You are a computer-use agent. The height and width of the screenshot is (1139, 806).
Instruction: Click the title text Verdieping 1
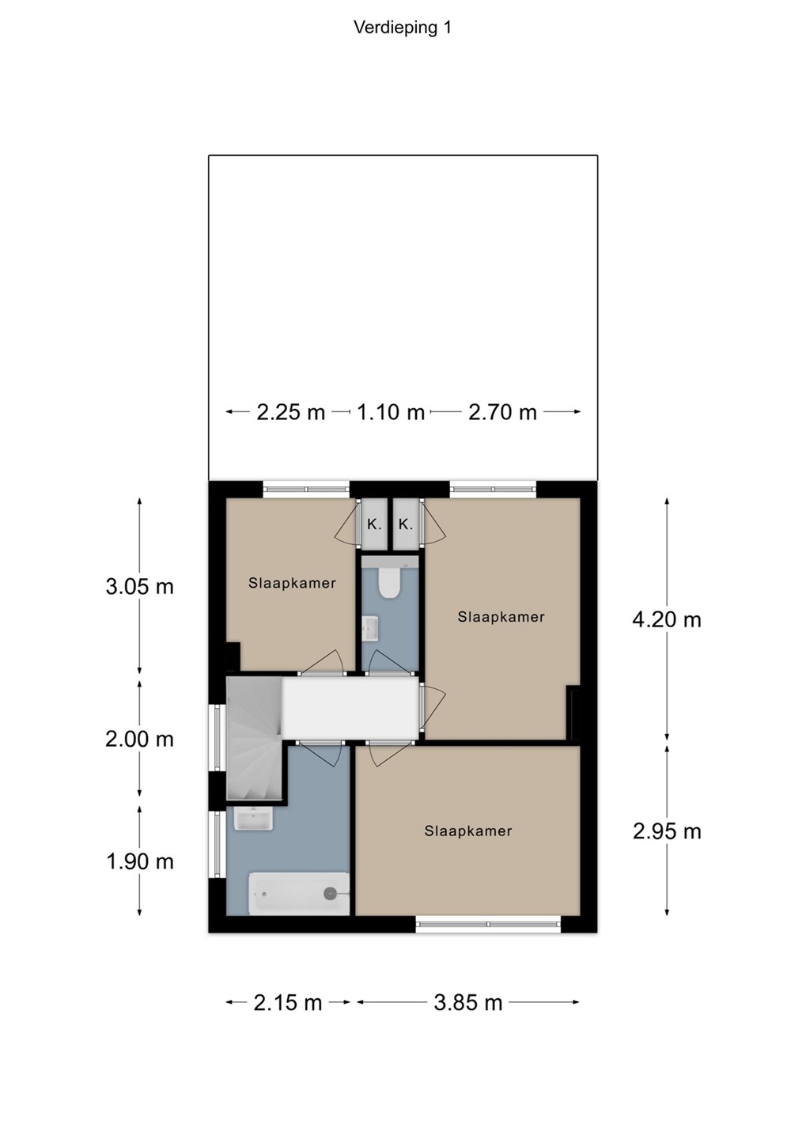tap(403, 28)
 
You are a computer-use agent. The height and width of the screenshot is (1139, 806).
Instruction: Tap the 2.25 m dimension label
tap(290, 412)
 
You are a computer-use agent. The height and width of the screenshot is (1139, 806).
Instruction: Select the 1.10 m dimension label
tap(391, 412)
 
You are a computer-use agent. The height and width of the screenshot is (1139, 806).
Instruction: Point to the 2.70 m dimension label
tap(502, 412)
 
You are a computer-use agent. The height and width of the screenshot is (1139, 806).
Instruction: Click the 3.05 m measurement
tap(139, 587)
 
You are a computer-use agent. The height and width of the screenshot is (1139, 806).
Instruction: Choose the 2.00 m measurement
tap(139, 740)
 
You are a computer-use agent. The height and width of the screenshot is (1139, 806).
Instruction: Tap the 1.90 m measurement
tap(139, 862)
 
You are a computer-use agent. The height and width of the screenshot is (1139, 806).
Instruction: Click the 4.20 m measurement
tap(667, 620)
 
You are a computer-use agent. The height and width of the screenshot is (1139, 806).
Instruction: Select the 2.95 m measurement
tap(667, 832)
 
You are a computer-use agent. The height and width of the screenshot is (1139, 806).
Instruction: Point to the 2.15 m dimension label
tap(288, 1003)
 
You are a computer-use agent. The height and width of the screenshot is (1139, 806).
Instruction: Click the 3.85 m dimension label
tap(467, 1003)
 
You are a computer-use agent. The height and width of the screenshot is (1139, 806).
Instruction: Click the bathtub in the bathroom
tap(298, 894)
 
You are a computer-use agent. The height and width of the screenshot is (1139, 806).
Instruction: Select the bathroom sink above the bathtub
tap(253, 819)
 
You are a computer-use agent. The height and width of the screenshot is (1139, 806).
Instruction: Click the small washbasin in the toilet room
tap(370, 629)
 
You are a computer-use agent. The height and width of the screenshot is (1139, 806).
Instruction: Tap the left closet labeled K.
tap(374, 524)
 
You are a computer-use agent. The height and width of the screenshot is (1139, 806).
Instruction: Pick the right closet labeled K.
tap(405, 524)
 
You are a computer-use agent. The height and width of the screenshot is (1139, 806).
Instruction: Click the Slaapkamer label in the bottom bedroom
tap(467, 831)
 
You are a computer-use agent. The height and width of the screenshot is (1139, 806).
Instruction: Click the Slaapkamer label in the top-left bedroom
tap(292, 583)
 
